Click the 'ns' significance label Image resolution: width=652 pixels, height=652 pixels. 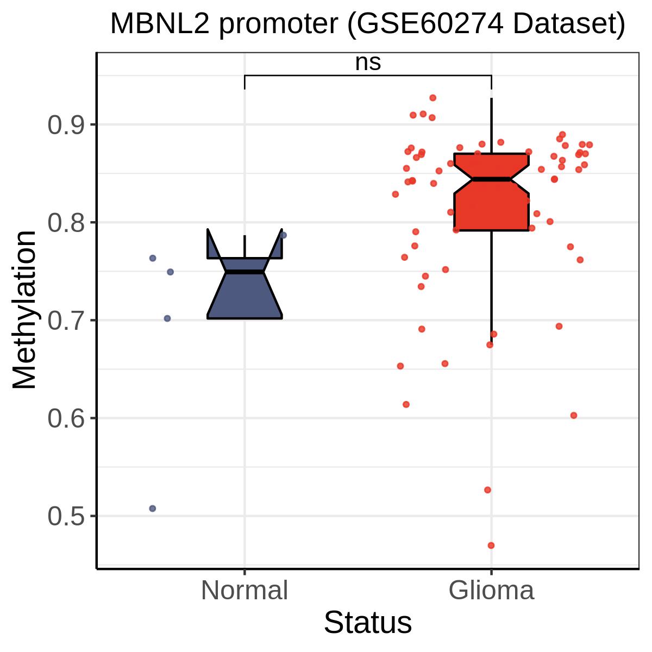368,63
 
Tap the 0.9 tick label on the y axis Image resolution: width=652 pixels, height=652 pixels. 66,125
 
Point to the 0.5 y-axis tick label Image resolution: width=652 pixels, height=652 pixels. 66,516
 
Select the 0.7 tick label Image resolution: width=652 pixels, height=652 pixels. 66,321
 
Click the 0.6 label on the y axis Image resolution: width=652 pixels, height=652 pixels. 66,418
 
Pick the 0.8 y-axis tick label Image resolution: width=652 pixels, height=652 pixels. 66,223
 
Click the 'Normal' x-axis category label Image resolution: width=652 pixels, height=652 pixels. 244,590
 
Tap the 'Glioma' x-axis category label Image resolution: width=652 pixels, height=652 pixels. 491,590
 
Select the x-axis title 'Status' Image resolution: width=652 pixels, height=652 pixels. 368,623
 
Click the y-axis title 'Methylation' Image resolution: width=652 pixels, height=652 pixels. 24,310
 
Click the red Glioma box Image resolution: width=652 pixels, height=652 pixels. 491,210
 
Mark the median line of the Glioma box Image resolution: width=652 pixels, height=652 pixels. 491,179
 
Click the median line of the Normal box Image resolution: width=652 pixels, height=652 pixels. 244,272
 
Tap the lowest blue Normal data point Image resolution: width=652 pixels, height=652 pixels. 153,509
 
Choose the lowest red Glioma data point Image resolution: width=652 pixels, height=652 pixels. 491,546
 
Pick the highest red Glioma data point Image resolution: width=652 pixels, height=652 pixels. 432,98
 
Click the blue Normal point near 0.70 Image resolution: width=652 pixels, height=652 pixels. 167,318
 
